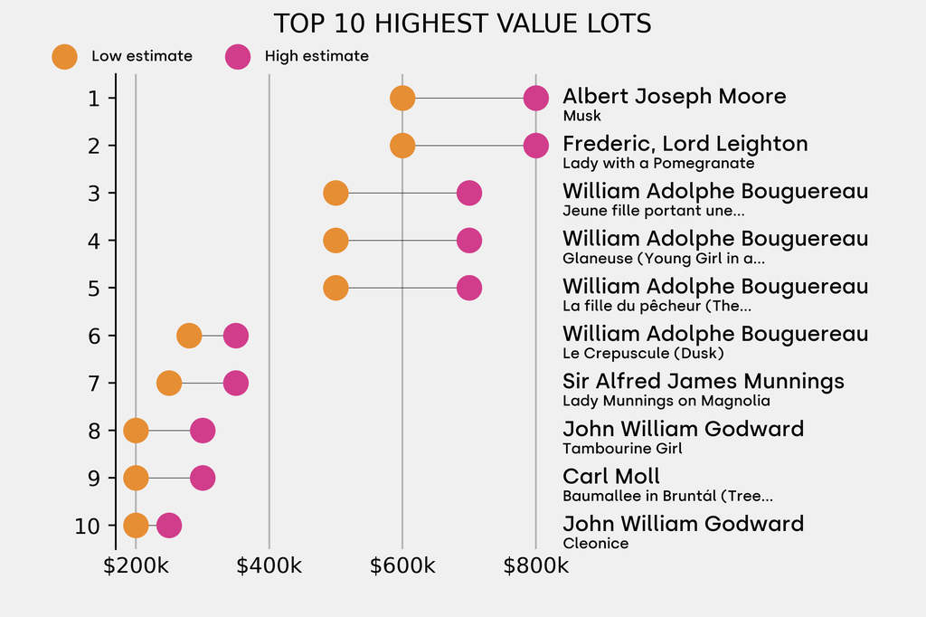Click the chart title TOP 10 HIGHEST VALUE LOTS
coord(462,24)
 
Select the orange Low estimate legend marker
coord(64,56)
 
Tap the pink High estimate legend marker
coord(238,56)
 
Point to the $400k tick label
coord(269,566)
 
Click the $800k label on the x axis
coord(535,566)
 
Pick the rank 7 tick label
coord(94,383)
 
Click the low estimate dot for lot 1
coord(402,98)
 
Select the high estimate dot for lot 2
coord(535,145)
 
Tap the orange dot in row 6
coord(189,336)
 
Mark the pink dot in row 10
coord(168,525)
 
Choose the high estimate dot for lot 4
coord(468,241)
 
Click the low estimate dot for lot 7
coord(169,383)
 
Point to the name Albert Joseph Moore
coord(674,96)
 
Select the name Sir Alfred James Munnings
coord(703,381)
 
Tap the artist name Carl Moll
coord(610,476)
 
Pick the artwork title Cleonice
coord(595,544)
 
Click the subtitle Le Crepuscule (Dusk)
coord(642,354)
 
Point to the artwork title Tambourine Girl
coord(622,449)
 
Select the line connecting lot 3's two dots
coord(402,193)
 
